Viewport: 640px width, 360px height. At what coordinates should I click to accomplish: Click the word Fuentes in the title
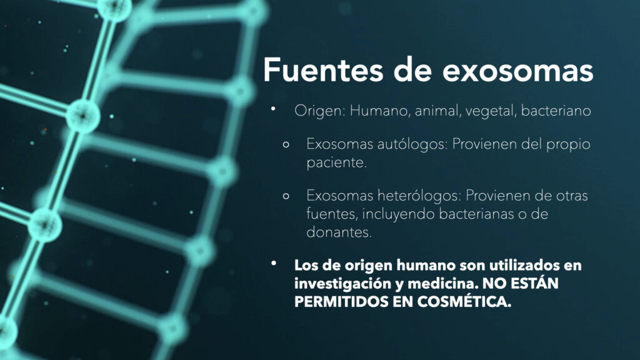click(x=323, y=70)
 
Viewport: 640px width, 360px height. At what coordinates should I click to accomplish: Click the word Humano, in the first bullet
click(x=380, y=111)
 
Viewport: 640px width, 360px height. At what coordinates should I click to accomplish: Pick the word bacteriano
click(x=556, y=111)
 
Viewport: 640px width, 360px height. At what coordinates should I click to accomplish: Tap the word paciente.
click(x=337, y=163)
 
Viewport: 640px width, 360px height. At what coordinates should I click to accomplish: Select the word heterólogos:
click(x=419, y=196)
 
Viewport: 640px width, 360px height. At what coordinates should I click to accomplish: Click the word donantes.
click(x=339, y=232)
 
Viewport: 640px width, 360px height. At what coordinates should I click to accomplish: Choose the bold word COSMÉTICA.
click(x=464, y=301)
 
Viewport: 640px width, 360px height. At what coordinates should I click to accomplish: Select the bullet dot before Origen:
click(x=273, y=109)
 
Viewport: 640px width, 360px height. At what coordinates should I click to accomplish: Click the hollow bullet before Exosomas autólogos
click(x=286, y=144)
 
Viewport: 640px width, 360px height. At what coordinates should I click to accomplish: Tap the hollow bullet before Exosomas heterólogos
click(x=286, y=196)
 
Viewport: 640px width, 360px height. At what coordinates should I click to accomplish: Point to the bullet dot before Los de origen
click(x=274, y=263)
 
